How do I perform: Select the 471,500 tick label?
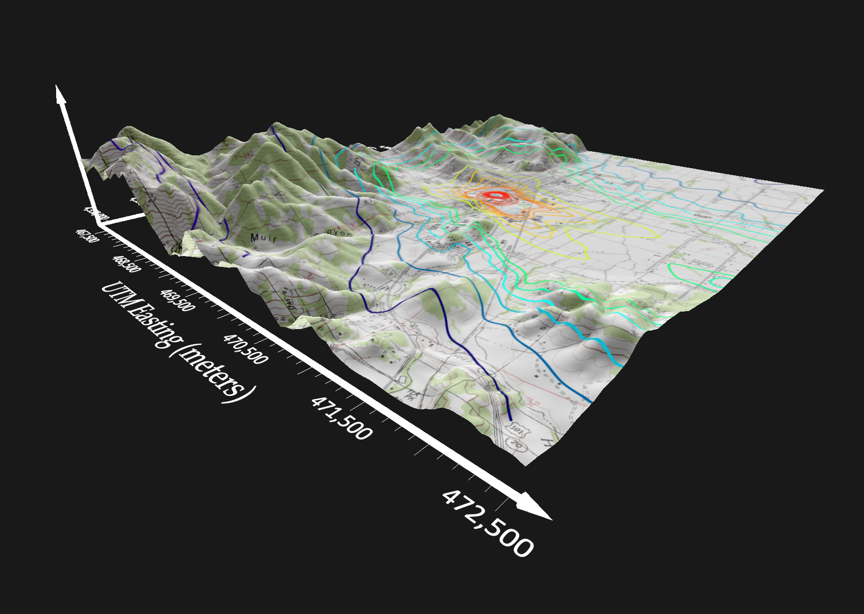coord(341,417)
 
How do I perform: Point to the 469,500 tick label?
coord(177,300)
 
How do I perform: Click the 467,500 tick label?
coord(87,235)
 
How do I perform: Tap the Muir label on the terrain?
coord(263,238)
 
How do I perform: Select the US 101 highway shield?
coord(517,430)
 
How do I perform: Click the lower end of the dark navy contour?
coord(510,417)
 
